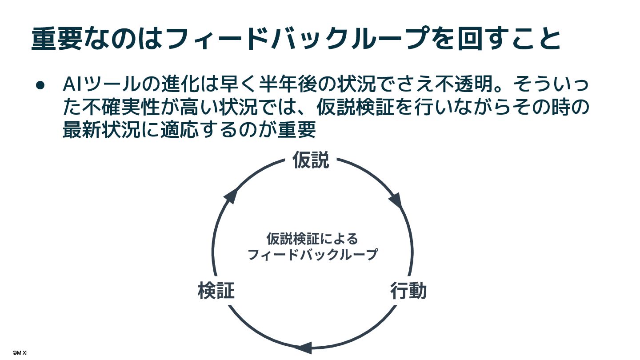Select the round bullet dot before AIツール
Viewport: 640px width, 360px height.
point(40,84)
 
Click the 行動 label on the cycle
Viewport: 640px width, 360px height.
point(408,291)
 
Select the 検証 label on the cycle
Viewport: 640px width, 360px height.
point(216,291)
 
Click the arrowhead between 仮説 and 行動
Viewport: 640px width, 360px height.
point(396,200)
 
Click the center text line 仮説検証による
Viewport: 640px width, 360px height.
point(312,239)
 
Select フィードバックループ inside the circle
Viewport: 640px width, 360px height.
point(312,255)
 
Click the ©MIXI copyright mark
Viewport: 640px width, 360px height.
point(20,352)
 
